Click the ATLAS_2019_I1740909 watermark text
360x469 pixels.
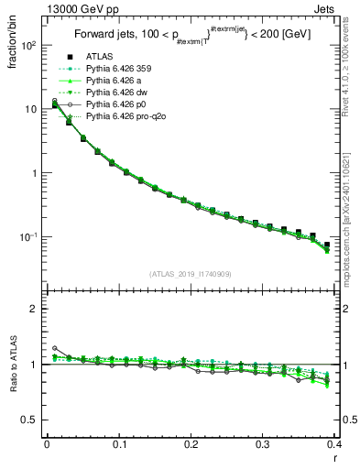point(191,273)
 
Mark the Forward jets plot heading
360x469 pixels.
point(191,37)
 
